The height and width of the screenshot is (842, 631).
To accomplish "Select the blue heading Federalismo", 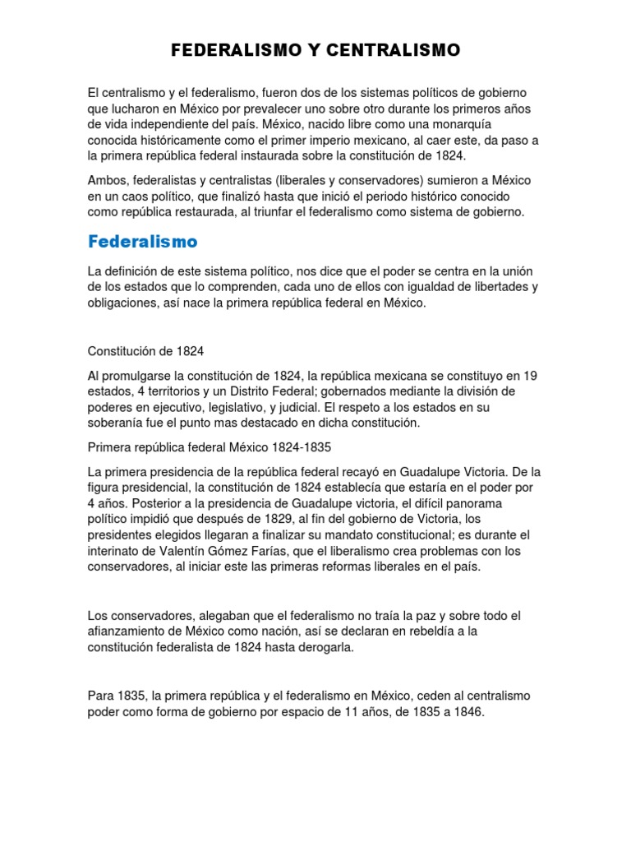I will tap(142, 242).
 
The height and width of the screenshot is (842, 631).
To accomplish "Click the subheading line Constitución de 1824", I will tap(145, 351).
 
